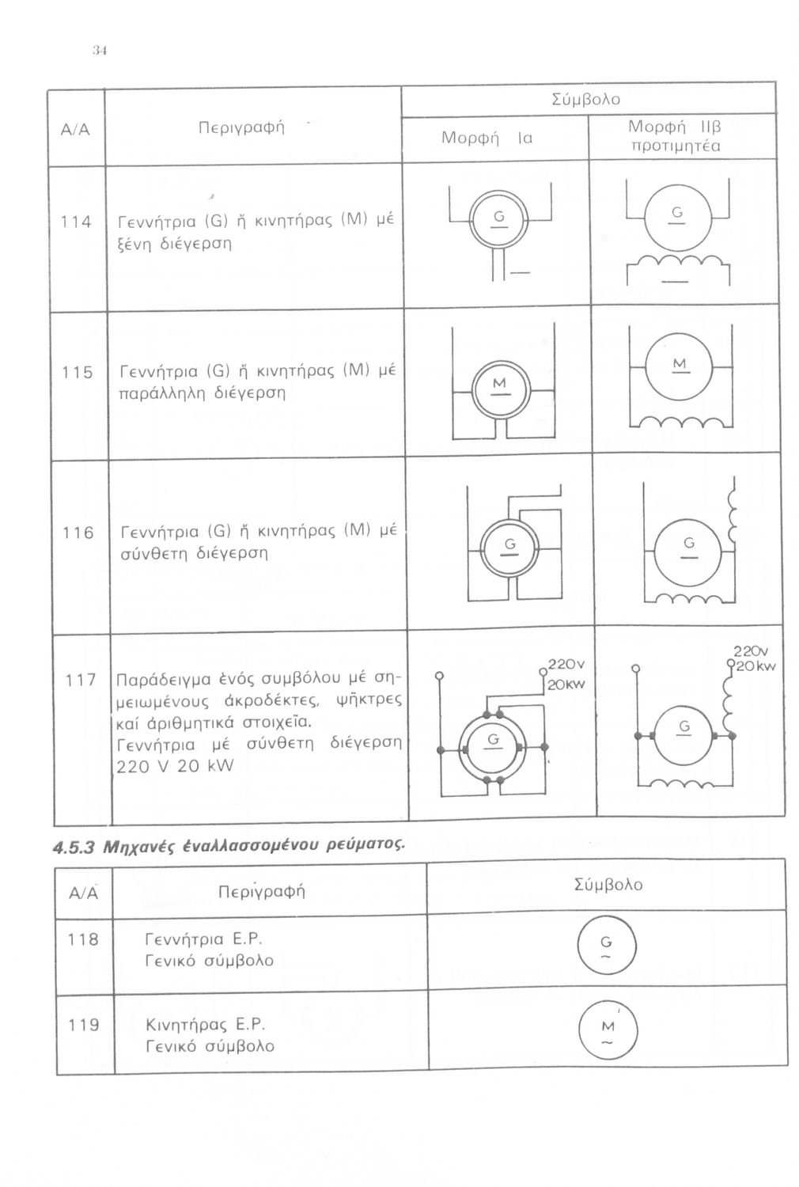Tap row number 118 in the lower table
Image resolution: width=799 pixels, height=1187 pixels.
pos(84,940)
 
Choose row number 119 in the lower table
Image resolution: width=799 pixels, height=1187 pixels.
pos(84,1026)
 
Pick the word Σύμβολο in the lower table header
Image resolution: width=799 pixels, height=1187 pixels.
pos(608,884)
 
